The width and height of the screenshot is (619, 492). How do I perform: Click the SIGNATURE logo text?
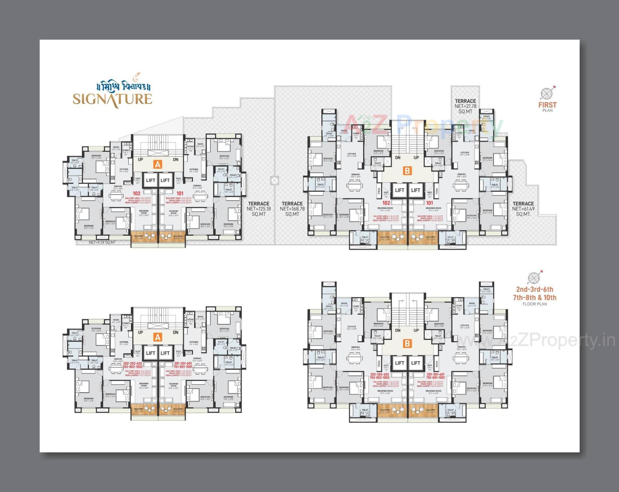112,99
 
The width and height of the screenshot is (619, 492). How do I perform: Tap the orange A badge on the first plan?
157,164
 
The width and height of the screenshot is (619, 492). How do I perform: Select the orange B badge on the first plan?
407,171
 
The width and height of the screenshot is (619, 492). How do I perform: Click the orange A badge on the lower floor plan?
157,337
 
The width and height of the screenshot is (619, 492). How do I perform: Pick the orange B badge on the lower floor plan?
407,343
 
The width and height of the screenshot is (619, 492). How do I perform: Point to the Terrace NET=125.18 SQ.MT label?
259,209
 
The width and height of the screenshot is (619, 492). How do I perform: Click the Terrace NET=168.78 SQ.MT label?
292,209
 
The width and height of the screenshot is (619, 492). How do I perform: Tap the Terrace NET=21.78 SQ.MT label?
465,106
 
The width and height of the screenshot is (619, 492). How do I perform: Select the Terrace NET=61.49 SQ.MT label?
523,209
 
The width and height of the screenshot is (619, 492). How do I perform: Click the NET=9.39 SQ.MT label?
102,242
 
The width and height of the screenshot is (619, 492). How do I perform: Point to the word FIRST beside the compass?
547,105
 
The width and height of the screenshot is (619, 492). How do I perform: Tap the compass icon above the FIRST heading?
546,94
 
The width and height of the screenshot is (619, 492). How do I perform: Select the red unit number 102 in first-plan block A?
136,194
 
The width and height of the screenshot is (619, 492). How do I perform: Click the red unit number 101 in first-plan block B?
429,203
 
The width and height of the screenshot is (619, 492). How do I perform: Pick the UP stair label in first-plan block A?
141,159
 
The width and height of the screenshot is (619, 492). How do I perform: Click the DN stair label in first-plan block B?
398,158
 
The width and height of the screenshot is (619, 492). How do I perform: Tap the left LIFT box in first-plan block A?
151,180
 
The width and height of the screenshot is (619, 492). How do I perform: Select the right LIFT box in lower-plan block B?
416,363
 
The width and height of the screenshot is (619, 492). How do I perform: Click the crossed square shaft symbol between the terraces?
274,180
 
